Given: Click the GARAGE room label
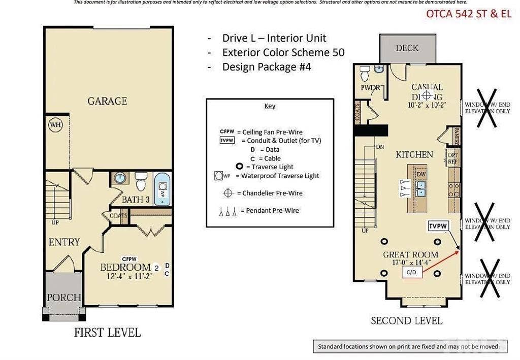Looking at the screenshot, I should [x=107, y=101].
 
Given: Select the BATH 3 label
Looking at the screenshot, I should [x=136, y=200].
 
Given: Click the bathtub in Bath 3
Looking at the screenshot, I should [x=162, y=189].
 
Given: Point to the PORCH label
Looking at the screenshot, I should [x=64, y=297].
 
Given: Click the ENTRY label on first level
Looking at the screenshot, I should [x=64, y=242].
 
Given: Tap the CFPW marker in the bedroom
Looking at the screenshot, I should [x=129, y=259].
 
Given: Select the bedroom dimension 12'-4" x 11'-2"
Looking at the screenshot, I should [x=129, y=277].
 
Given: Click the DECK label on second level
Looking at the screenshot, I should [x=407, y=48].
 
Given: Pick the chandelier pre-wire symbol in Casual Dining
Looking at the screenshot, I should [x=427, y=95].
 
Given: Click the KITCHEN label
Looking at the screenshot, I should [x=414, y=154].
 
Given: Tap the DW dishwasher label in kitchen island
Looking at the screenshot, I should [x=420, y=174].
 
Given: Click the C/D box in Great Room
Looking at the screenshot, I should [x=412, y=273].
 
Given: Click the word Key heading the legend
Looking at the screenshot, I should [x=270, y=106].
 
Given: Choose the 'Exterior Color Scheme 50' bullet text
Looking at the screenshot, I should [x=283, y=52].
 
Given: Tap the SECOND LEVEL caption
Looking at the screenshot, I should [x=406, y=321].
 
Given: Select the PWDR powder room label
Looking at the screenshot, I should [x=370, y=88].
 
